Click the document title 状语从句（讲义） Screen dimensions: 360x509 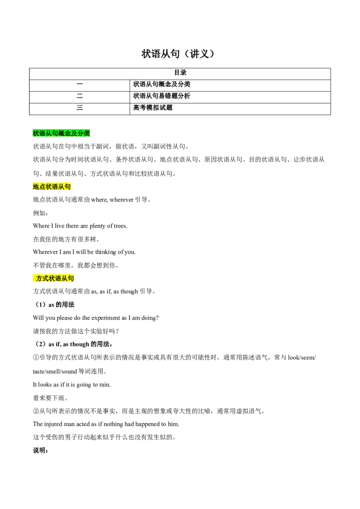(x=178, y=54)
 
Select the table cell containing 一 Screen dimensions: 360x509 (x=80, y=85)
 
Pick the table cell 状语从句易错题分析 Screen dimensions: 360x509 (x=230, y=97)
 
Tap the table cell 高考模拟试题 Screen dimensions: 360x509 (x=230, y=109)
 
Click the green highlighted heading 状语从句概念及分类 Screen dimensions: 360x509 (x=61, y=133)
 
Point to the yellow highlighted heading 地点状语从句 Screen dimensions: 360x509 (x=52, y=187)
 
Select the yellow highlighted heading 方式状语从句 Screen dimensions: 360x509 (x=54, y=278)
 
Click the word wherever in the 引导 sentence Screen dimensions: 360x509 (x=121, y=200)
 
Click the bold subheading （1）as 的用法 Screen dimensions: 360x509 (x=54, y=305)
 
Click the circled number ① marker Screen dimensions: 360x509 (x=36, y=358)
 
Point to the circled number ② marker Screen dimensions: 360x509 (x=36, y=411)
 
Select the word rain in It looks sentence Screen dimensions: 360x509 (x=104, y=384)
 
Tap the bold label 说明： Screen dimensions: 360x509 (x=40, y=451)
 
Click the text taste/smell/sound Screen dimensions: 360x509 (x=55, y=371)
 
